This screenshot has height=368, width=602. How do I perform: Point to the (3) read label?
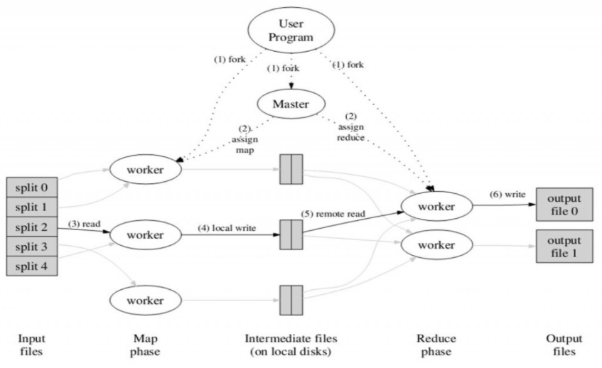click(x=83, y=222)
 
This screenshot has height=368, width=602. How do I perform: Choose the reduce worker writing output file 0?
click(x=437, y=206)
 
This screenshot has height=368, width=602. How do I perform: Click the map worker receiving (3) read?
click(x=145, y=233)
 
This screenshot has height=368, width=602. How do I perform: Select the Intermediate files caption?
click(x=291, y=345)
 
